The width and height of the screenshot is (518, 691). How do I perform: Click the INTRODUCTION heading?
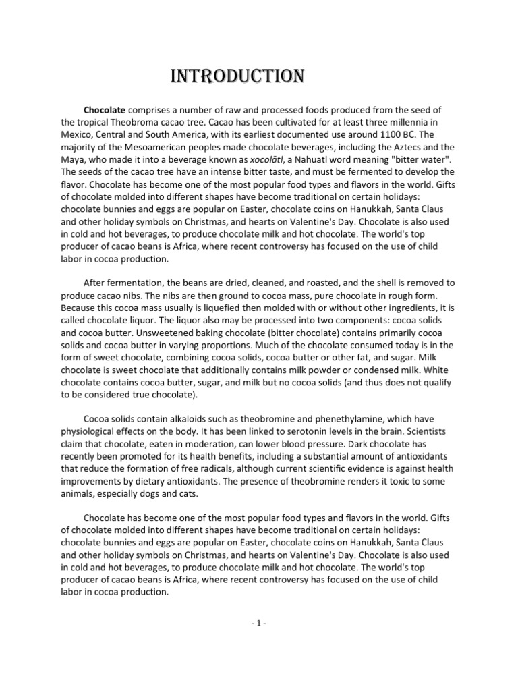coord(235,76)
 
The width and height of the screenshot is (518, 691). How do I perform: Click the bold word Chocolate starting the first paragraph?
coord(105,109)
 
